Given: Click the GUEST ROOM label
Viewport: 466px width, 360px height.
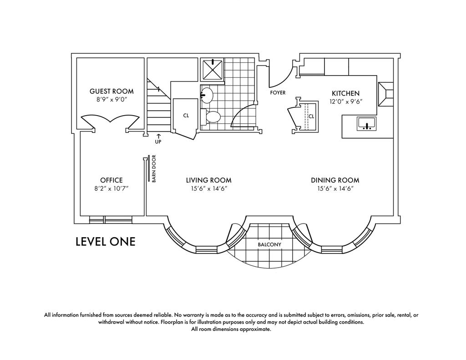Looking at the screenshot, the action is click(111, 91).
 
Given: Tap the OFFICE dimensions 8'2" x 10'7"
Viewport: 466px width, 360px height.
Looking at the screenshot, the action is click(111, 188).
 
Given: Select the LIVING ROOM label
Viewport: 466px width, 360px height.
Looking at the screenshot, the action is click(208, 180).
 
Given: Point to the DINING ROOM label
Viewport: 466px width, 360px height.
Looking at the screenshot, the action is click(335, 180).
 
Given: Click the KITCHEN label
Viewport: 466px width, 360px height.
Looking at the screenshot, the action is click(346, 93).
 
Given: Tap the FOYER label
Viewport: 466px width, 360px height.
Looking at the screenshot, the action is click(278, 93).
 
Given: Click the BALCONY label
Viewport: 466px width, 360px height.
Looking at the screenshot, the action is click(269, 245).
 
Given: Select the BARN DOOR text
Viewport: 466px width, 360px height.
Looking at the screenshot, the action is click(154, 168).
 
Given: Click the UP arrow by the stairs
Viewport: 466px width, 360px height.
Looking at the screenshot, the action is click(158, 136).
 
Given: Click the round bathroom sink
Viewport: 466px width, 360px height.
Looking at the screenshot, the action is click(207, 95).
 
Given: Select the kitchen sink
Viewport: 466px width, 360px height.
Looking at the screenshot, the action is click(366, 124).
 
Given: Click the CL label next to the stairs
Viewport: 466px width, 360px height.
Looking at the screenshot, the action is click(186, 116).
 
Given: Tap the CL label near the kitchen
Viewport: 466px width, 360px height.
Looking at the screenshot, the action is click(311, 117).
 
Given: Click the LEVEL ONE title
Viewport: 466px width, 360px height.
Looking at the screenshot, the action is click(106, 241).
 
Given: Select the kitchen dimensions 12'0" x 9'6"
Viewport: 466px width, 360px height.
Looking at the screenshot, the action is click(346, 101).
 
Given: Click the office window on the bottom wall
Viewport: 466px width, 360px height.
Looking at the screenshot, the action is click(111, 220).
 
